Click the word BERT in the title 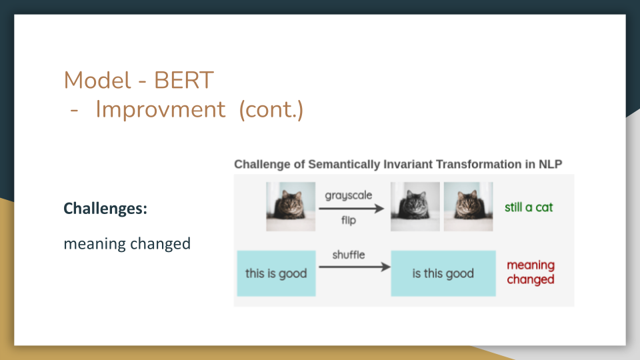click(184, 80)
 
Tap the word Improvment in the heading click(160, 110)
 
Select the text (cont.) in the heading click(271, 110)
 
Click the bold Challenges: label click(105, 209)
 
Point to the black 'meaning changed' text click(127, 244)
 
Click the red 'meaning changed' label click(531, 272)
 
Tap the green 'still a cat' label click(529, 207)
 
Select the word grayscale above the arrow click(349, 195)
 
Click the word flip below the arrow click(349, 221)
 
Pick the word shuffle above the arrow click(349, 255)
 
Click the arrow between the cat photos click(351, 209)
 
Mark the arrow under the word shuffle click(355, 267)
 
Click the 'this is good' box click(276, 273)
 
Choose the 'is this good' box click(443, 273)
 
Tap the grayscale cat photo click(415, 207)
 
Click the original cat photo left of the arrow click(291, 207)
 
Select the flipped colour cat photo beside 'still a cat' click(468, 207)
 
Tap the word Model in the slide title click(97, 80)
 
